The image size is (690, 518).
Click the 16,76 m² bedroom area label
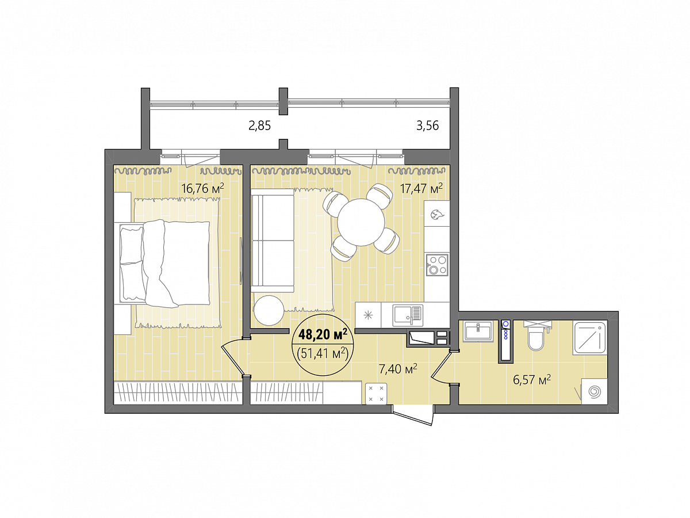(x=202, y=188)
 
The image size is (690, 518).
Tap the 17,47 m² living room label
(x=421, y=188)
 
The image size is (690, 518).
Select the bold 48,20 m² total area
(x=323, y=334)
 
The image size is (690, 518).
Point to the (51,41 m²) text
(x=323, y=353)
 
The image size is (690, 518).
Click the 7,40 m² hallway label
(x=398, y=369)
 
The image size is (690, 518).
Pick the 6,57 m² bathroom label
(x=531, y=380)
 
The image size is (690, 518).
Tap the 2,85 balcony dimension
(x=260, y=126)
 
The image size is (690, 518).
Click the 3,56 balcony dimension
(x=428, y=125)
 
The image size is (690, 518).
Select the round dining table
(x=361, y=222)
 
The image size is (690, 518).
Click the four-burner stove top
(x=437, y=265)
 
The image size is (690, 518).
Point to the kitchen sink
(x=408, y=315)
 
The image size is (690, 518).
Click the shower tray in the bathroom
(x=590, y=337)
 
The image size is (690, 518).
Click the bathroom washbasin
(x=478, y=331)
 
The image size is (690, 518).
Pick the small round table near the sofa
(x=269, y=311)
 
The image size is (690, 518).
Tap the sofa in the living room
(x=272, y=241)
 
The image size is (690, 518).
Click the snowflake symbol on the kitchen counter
(x=368, y=315)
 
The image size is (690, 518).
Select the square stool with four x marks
(x=376, y=394)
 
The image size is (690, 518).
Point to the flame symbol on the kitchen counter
(x=436, y=215)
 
